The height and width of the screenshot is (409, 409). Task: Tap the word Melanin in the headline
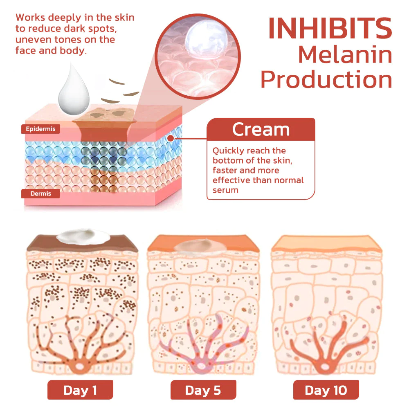(345, 55)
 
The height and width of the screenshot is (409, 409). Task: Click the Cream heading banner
(261, 130)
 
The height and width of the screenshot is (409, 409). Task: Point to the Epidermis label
(40, 129)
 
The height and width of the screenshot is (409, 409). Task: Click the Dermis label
(40, 193)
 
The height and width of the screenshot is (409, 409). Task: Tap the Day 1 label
(80, 390)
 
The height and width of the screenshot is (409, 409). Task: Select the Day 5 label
(203, 390)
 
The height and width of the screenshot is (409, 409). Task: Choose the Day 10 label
(326, 390)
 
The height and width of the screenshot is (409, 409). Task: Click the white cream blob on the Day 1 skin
(82, 236)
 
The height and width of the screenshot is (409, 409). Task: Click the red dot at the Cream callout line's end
(170, 139)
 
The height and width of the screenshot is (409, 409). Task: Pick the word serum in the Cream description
(225, 190)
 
